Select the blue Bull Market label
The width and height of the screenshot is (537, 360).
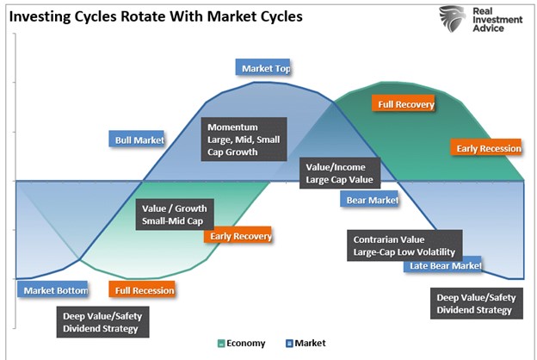[x=139, y=140]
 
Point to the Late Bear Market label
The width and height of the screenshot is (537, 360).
[x=442, y=265]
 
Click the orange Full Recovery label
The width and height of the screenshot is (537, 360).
[x=405, y=104]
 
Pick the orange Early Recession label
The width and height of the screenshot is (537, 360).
[x=488, y=148]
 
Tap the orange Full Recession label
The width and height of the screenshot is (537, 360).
[x=143, y=290]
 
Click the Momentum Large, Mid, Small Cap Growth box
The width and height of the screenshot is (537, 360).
[x=244, y=139]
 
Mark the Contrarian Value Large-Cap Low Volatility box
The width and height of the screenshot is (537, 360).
[x=404, y=245]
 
